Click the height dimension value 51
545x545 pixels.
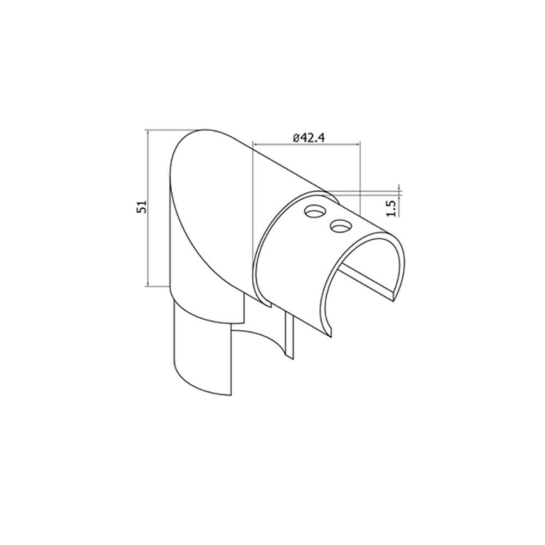[x=141, y=207]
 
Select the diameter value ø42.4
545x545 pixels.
[x=308, y=138]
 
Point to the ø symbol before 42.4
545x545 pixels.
[x=295, y=138]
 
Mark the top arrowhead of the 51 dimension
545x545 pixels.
[x=148, y=132]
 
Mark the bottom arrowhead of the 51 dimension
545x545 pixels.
[x=148, y=284]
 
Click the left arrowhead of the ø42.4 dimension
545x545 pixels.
[x=255, y=144]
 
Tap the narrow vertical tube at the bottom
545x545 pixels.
[x=202, y=354]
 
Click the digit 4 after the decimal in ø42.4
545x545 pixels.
[x=322, y=138]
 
